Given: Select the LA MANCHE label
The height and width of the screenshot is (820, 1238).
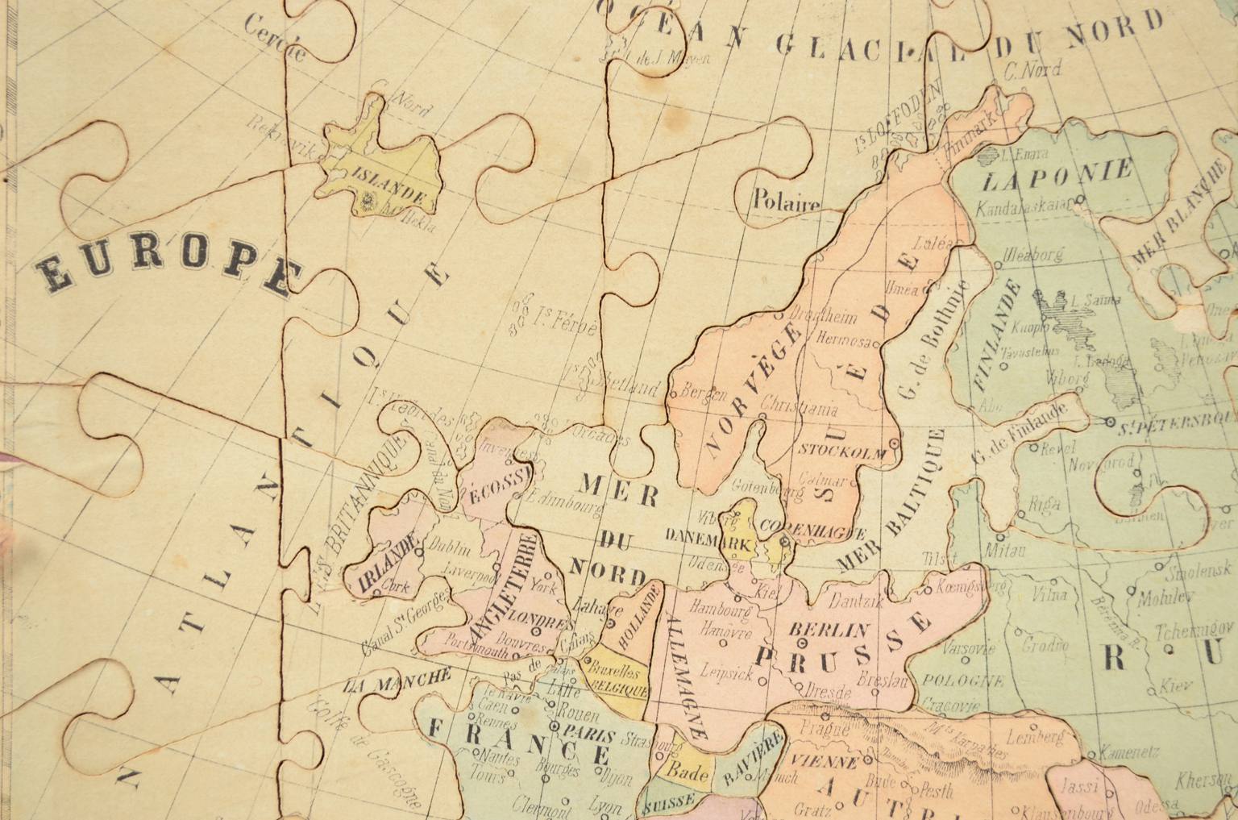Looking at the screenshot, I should (395, 681).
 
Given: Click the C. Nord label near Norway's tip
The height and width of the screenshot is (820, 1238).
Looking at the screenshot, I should (1032, 71).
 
